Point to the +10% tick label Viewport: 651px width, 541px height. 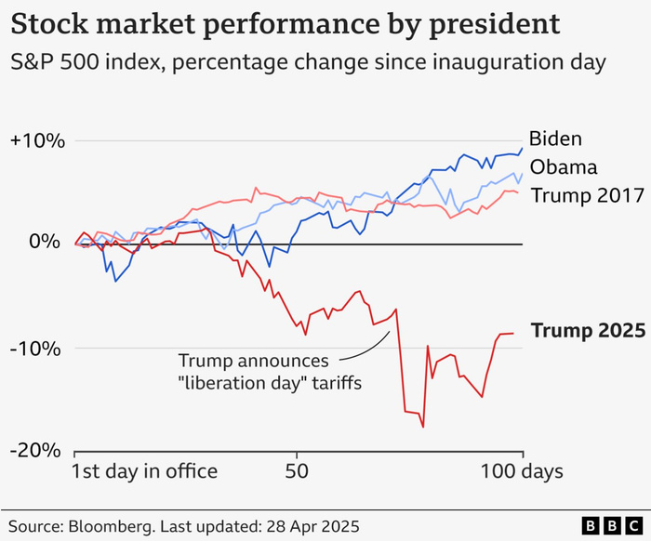click(36, 141)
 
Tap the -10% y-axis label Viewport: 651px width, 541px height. click(38, 349)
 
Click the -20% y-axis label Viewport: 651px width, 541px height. click(38, 450)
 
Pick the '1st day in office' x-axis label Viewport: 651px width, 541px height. click(145, 471)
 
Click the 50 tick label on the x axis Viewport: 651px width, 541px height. click(297, 471)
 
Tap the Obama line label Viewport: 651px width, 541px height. click(563, 168)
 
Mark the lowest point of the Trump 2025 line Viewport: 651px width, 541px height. click(423, 427)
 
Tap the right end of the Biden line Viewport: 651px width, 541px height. click(523, 147)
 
